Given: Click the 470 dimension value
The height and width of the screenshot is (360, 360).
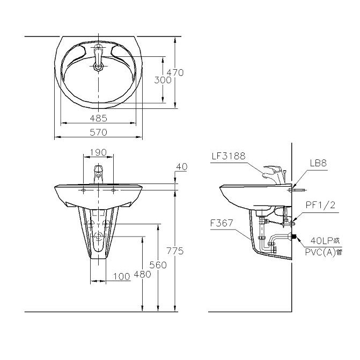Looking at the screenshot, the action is click(x=175, y=73).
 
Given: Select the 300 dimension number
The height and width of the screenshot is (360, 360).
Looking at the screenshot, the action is click(x=163, y=80).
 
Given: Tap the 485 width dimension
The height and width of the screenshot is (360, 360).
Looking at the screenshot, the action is click(x=99, y=118).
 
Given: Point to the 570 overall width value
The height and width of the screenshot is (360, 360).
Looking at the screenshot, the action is click(x=98, y=132).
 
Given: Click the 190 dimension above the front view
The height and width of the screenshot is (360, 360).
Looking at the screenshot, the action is click(x=98, y=152).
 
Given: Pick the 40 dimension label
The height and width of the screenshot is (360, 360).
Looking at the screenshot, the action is click(x=181, y=167).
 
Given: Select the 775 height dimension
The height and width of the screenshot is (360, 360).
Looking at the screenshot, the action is click(x=175, y=251).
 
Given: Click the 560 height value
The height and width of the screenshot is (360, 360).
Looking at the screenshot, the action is click(x=158, y=265).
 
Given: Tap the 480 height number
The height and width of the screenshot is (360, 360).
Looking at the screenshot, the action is click(x=142, y=274).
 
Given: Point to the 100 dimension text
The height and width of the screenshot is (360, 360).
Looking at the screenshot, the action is click(x=122, y=276).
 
